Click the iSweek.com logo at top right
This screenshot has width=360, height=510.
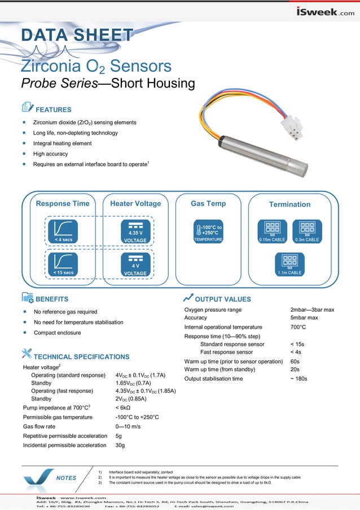326,12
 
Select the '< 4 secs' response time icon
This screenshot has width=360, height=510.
63,232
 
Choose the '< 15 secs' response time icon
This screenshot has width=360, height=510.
63,264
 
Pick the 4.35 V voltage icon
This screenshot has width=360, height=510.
135,232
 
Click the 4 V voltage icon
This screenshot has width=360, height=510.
135,264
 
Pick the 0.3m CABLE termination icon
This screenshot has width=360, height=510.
308,232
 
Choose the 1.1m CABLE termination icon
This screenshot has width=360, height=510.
289,264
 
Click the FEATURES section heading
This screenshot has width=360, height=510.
53,110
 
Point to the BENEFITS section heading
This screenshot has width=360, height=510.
52,299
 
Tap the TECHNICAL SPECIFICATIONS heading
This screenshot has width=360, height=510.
81,357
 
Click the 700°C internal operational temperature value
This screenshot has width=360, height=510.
298,327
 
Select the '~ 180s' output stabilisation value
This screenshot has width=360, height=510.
298,378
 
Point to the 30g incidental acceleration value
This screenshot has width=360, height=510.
120,446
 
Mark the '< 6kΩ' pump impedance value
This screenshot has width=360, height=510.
123,407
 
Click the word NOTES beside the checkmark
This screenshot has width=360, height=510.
66,478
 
